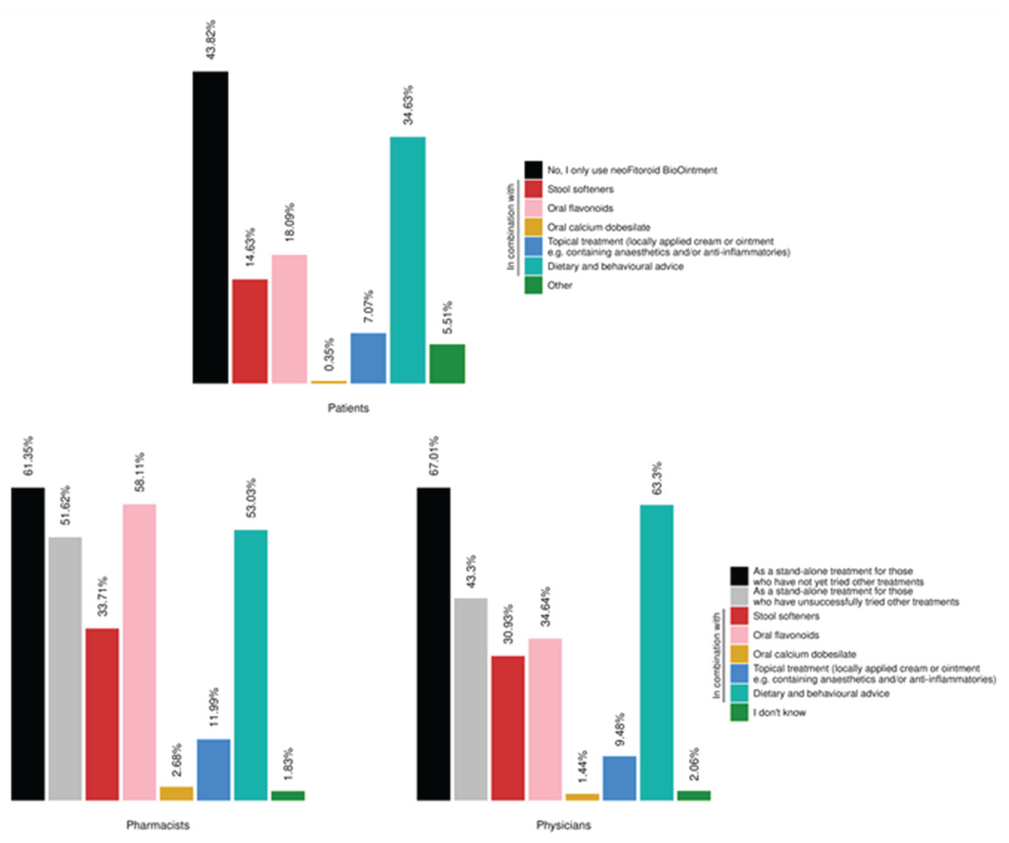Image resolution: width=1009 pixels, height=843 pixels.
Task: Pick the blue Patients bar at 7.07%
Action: [x=368, y=358]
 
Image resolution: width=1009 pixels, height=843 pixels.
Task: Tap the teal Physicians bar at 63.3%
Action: [x=657, y=653]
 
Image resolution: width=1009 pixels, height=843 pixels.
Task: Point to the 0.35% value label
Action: [x=329, y=355]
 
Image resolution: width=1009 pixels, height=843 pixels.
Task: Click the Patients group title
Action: [x=348, y=408]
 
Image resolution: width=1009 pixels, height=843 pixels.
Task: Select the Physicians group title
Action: [x=564, y=825]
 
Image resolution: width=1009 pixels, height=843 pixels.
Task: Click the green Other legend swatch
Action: [x=533, y=285]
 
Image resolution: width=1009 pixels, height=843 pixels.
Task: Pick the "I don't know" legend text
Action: [x=779, y=712]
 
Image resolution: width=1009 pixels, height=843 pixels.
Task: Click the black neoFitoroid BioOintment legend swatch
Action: [x=533, y=170]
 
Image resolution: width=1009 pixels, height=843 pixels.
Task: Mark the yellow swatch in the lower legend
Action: [x=739, y=654]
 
